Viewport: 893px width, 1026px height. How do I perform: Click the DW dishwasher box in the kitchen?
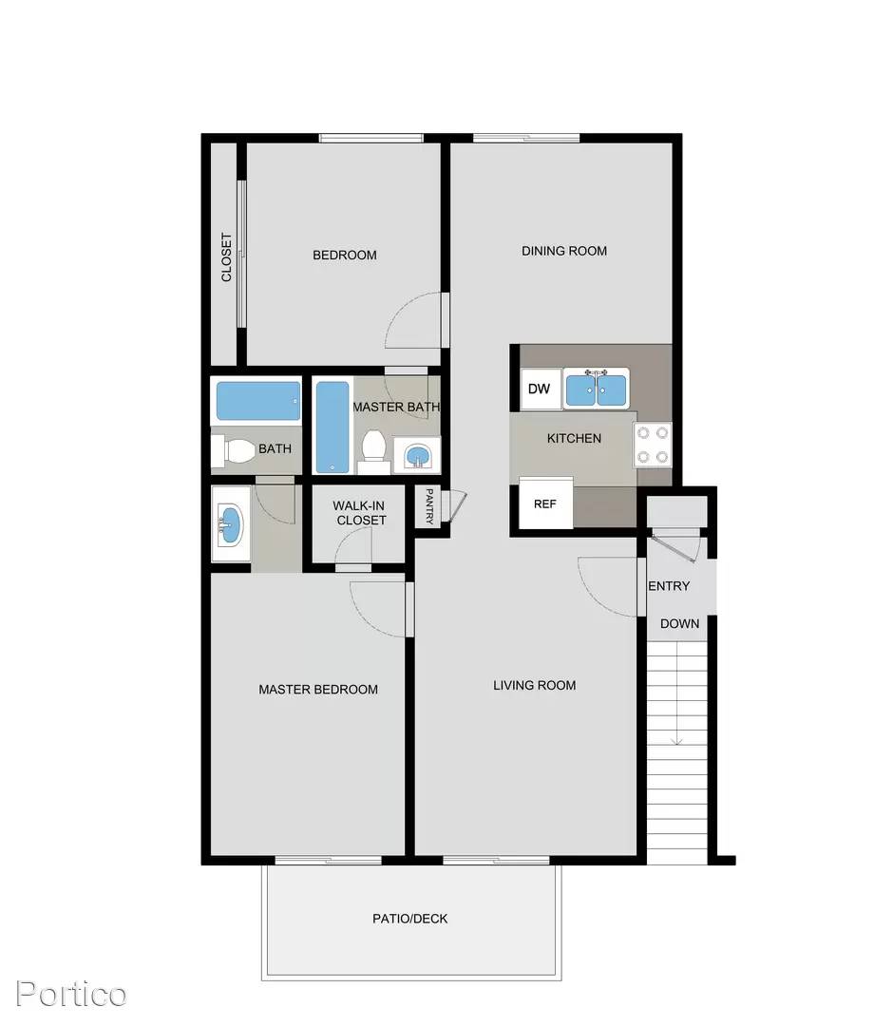click(541, 389)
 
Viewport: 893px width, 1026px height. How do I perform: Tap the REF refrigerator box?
click(545, 503)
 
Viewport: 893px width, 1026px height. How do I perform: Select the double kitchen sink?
click(596, 389)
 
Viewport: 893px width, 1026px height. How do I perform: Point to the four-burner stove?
click(653, 445)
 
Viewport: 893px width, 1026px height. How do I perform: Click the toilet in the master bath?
click(373, 450)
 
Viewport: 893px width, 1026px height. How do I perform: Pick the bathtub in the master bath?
click(332, 427)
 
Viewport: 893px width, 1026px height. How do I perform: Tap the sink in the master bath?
click(417, 455)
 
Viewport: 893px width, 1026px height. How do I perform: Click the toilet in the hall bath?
click(233, 450)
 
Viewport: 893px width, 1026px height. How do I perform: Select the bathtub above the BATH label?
click(258, 401)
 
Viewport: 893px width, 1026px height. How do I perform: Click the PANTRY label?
click(429, 506)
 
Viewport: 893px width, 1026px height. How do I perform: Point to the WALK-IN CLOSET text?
click(359, 513)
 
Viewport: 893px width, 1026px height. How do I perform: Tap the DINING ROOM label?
click(564, 251)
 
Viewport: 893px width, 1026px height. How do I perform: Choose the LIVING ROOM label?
click(535, 685)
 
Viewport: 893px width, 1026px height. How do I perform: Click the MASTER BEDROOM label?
click(318, 689)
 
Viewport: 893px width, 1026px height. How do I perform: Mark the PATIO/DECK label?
click(410, 919)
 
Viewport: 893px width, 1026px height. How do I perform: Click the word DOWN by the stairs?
click(680, 623)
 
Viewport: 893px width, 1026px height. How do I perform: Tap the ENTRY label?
click(669, 586)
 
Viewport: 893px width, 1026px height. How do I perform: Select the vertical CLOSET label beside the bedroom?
click(226, 257)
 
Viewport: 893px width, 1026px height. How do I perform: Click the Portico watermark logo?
click(70, 994)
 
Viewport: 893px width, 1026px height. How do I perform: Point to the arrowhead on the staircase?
click(677, 741)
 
